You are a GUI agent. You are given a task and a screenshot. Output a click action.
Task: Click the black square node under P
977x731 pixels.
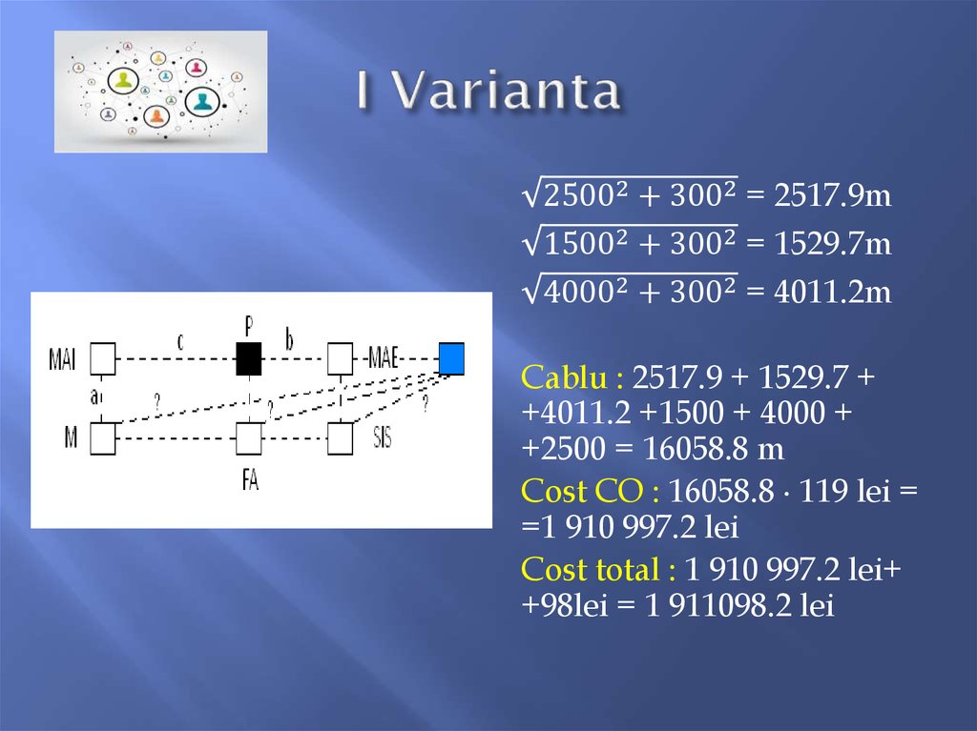point(248,359)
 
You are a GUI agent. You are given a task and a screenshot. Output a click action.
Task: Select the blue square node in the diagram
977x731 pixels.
point(451,358)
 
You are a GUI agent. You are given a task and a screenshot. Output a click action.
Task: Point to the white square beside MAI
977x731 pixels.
point(102,359)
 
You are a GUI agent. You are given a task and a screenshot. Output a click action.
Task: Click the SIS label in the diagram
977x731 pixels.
point(382,439)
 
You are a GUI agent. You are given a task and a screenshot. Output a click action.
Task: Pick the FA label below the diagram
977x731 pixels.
point(250,481)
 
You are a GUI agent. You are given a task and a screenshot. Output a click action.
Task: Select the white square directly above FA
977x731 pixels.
point(248,439)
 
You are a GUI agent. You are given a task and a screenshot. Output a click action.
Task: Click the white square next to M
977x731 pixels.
point(102,438)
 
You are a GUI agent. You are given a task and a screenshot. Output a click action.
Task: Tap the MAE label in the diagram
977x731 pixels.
point(381,360)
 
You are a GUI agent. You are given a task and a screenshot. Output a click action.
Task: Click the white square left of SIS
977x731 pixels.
point(341,438)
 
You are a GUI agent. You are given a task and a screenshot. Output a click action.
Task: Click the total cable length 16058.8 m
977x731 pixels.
point(689,449)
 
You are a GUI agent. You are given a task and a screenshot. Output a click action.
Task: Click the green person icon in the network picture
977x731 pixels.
point(123,80)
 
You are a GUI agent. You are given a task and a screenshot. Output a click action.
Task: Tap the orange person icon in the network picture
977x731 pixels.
point(156,116)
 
